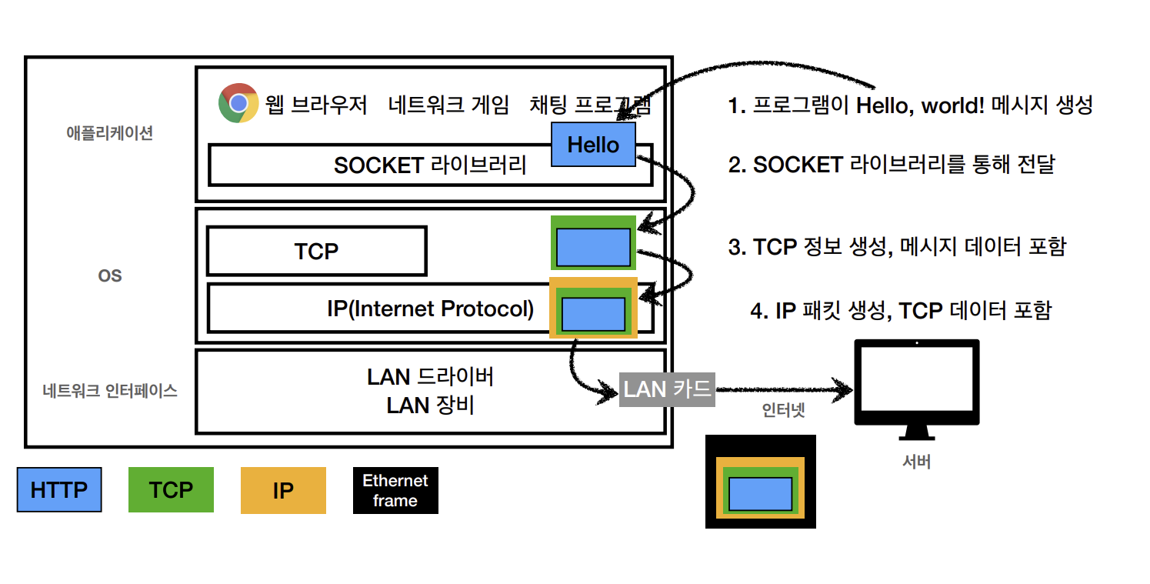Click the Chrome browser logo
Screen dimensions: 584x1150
pos(238,103)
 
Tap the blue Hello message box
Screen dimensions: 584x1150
pos(593,144)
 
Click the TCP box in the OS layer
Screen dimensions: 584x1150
pos(316,251)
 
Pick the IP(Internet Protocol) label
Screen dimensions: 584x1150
pos(430,309)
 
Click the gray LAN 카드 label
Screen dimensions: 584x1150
pos(668,389)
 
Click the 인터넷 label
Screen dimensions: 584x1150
pos(783,410)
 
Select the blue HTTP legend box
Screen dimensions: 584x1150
pos(59,489)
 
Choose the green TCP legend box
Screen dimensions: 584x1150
pos(171,489)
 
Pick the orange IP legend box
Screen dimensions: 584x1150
pos(283,490)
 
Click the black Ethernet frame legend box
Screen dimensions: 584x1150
pos(395,490)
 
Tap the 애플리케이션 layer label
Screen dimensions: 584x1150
pos(110,132)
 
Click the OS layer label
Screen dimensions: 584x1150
pos(110,275)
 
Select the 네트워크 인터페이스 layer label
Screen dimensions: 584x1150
pos(110,391)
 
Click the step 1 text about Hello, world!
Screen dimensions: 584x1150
pos(910,105)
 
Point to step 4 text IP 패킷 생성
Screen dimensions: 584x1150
pos(900,310)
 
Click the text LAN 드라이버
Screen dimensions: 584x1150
pos(430,377)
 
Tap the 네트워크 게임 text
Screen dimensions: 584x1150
pos(448,105)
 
